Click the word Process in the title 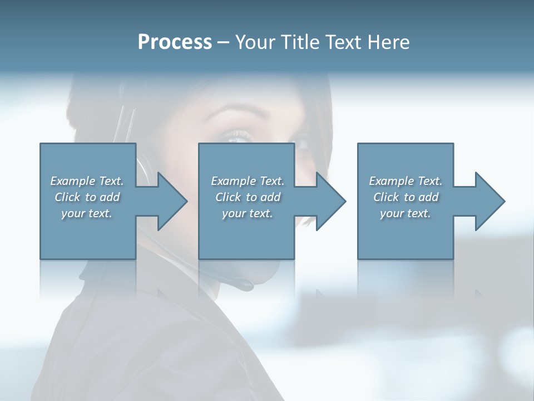(x=175, y=42)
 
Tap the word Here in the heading (x=388, y=42)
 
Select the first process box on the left (x=88, y=234)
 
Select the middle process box (x=246, y=234)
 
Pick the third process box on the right (x=405, y=234)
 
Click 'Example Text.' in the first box (x=87, y=181)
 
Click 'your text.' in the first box (x=87, y=213)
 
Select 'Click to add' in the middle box (x=248, y=197)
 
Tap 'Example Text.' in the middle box (x=248, y=181)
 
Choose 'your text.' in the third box (x=406, y=213)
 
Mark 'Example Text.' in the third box (x=406, y=181)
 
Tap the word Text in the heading (x=343, y=42)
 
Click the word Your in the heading (x=255, y=42)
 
